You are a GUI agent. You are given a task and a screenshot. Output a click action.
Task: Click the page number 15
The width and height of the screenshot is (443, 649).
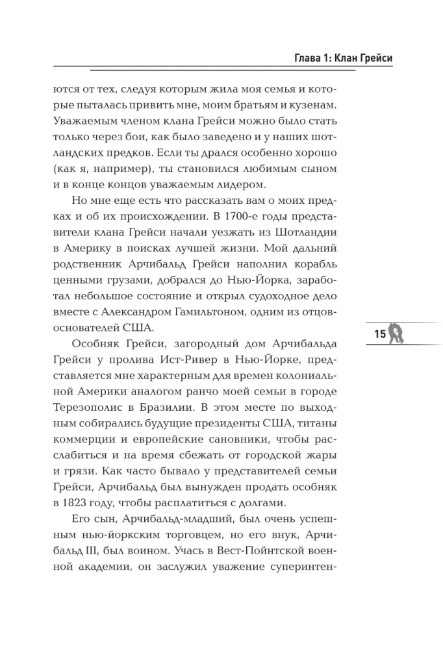coord(379,334)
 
